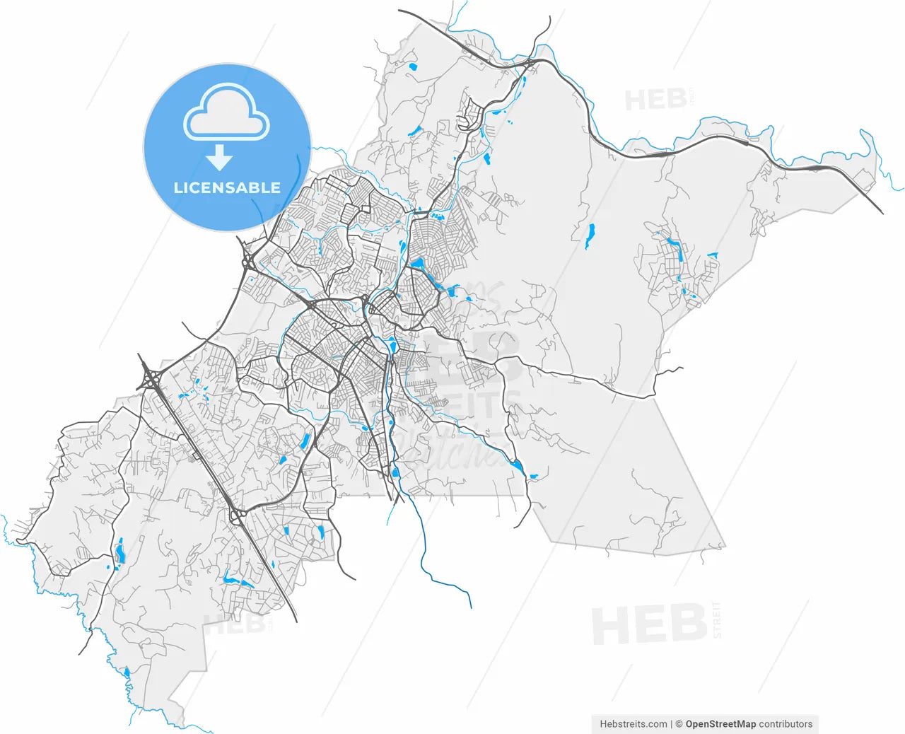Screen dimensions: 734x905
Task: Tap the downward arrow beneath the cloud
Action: coord(220,158)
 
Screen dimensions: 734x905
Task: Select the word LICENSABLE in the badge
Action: coord(227,188)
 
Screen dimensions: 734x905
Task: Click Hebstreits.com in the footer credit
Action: coord(633,724)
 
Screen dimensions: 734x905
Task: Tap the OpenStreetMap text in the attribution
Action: coord(720,724)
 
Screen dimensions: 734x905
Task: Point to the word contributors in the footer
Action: coord(786,724)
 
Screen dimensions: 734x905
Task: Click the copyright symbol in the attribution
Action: coord(679,724)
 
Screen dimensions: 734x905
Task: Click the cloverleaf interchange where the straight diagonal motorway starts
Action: coord(150,378)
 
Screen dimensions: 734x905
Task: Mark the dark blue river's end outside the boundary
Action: coord(470,607)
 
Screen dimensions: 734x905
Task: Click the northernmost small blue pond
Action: coord(412,67)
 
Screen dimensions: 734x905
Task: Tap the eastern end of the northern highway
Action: coord(882,213)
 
